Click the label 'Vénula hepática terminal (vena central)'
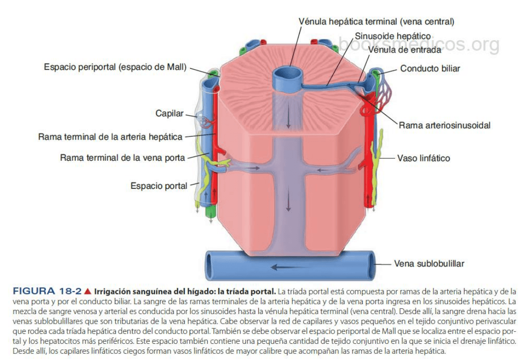[x=376, y=22]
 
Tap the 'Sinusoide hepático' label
[x=392, y=36]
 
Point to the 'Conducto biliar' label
[x=430, y=68]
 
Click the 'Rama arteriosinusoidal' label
[x=444, y=125]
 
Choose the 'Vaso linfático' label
[x=423, y=158]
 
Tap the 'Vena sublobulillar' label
[x=429, y=263]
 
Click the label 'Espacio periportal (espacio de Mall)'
[x=115, y=67]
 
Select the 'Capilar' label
[x=169, y=114]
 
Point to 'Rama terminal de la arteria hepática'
[x=110, y=137]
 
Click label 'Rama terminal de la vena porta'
[x=122, y=158]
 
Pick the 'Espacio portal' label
[x=159, y=186]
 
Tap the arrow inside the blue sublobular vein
[x=286, y=266]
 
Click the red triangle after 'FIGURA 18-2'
[x=88, y=291]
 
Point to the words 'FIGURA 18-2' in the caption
[x=47, y=291]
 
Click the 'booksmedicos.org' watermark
[x=419, y=45]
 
